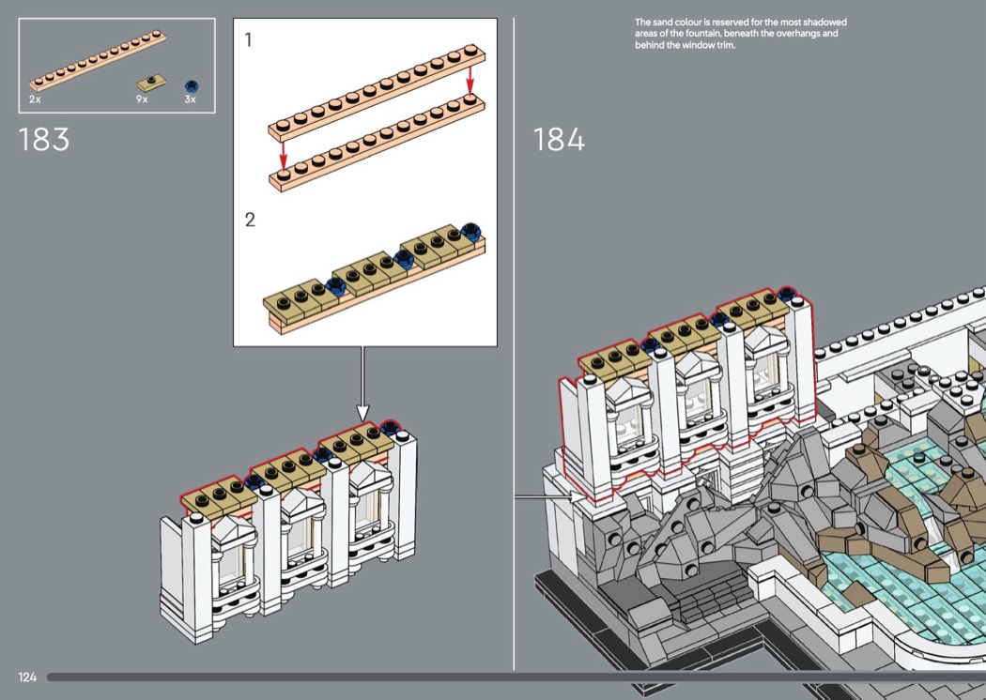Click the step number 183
tap(44, 140)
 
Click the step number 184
tap(559, 140)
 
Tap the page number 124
tap(27, 677)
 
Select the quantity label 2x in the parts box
tap(35, 99)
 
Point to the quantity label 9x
tap(142, 99)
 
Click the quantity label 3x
tap(190, 99)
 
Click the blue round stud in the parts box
tap(192, 86)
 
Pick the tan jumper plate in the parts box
tap(151, 83)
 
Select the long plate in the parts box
tap(98, 61)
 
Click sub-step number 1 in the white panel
tap(249, 40)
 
